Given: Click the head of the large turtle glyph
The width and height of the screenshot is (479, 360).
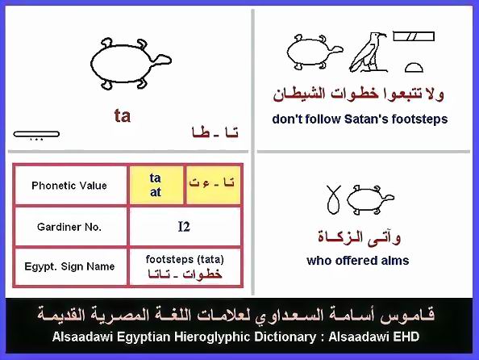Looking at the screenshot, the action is click(x=161, y=60).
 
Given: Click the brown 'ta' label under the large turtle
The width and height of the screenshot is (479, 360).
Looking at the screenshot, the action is click(x=123, y=116).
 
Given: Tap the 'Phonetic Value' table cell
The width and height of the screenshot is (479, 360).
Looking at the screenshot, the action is click(x=70, y=186).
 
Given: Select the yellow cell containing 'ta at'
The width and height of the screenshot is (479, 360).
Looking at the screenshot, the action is click(x=156, y=185).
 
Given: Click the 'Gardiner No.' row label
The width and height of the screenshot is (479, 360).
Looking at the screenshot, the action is click(x=69, y=227).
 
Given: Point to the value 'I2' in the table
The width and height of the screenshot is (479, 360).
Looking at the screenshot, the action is click(x=184, y=227).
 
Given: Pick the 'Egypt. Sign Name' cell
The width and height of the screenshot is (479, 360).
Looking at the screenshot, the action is click(x=70, y=266).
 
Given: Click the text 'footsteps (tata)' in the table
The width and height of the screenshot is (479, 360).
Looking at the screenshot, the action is click(x=185, y=259).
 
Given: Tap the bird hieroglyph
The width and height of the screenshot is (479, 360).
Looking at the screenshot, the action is click(x=368, y=52).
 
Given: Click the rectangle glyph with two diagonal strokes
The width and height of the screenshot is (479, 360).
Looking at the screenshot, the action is click(x=414, y=36).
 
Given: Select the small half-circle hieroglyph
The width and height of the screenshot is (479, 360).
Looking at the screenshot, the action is click(x=414, y=68).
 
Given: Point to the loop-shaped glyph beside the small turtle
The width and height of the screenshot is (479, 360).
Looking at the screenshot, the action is click(x=333, y=199).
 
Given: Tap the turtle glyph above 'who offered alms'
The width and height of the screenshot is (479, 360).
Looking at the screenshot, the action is click(x=371, y=199).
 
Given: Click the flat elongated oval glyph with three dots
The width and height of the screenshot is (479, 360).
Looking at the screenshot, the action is click(x=36, y=134).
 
